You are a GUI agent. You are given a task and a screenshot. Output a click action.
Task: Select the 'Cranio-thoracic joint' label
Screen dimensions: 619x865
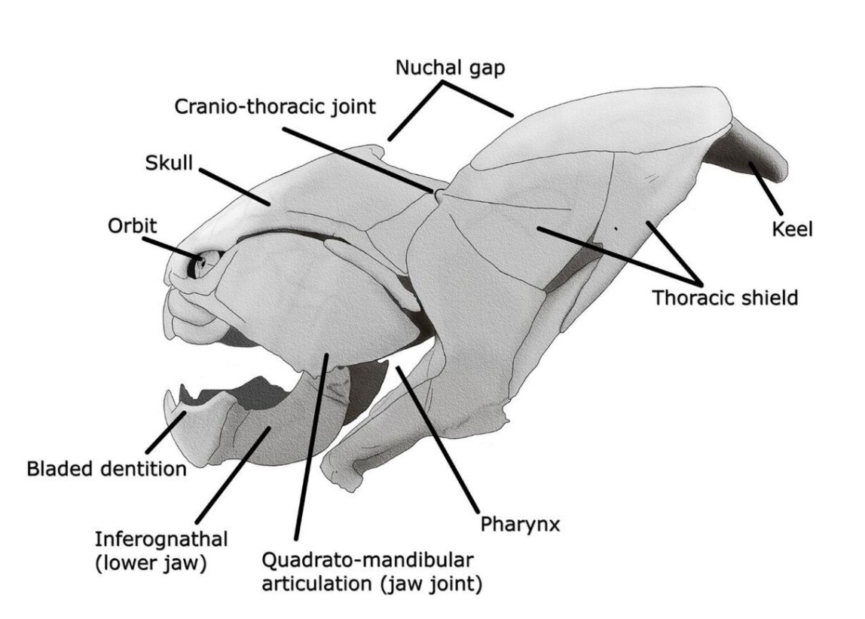click(275, 106)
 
